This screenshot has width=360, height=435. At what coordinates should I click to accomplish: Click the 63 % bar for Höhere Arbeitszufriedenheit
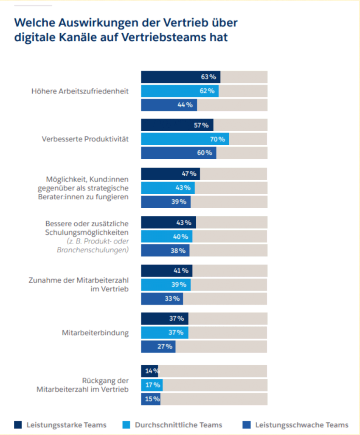(180, 77)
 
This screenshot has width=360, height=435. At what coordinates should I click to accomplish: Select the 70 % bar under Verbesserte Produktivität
(185, 139)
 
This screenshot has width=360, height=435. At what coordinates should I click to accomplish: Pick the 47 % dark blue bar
(170, 174)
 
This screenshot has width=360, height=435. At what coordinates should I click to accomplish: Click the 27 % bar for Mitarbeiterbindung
(158, 346)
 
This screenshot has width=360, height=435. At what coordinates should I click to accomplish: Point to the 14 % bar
(149, 371)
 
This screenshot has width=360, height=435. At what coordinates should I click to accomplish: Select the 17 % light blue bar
(152, 385)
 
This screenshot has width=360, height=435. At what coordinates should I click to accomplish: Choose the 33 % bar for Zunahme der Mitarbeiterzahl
(162, 299)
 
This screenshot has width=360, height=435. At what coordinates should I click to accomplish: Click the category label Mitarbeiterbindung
(95, 333)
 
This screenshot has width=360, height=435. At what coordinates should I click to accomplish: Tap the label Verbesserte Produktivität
(85, 139)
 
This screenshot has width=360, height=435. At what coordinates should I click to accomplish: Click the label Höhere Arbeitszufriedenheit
(80, 91)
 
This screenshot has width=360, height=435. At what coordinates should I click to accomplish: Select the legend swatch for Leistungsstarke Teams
(18, 425)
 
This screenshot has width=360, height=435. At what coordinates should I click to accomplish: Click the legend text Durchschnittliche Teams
(178, 425)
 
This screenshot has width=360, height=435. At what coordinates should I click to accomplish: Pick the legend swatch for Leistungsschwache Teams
(246, 425)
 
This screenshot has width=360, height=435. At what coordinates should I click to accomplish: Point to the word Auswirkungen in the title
(82, 22)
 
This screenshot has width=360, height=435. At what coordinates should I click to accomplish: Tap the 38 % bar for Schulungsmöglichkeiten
(165, 251)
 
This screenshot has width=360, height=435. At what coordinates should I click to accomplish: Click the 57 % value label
(201, 125)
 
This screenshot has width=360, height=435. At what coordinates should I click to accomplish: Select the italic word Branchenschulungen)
(93, 250)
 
